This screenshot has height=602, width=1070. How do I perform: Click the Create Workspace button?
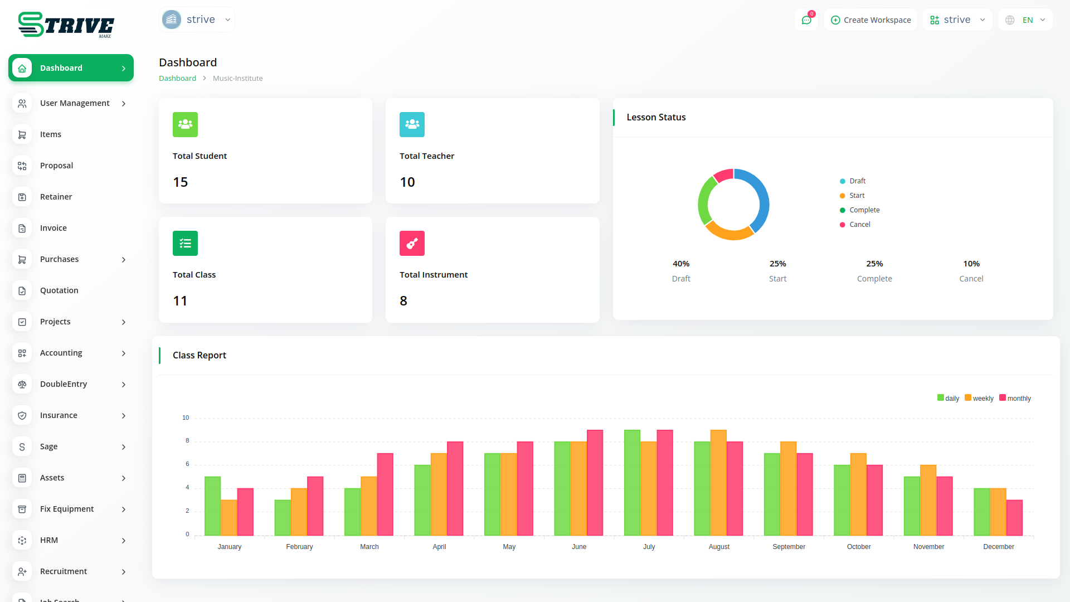[870, 20]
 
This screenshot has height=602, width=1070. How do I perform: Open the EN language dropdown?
[1026, 20]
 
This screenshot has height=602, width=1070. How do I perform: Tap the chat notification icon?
[806, 20]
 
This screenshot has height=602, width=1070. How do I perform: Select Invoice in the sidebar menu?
[53, 228]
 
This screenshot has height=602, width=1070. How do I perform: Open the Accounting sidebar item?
[61, 353]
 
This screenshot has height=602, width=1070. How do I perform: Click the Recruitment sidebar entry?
[64, 571]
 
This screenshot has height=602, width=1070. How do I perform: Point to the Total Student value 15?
[181, 182]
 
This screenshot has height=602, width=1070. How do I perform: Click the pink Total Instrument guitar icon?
[412, 244]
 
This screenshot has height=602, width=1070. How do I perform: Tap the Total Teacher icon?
[412, 125]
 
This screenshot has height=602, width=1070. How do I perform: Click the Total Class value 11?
[180, 301]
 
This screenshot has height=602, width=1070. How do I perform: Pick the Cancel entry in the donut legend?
[859, 225]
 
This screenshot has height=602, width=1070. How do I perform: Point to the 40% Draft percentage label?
[681, 264]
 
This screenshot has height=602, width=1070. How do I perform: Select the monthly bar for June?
[595, 483]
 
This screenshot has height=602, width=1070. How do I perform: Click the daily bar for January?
[212, 506]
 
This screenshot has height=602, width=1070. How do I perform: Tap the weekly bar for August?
[719, 483]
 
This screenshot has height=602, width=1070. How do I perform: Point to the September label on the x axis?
[789, 547]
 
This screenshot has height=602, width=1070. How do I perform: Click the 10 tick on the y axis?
[186, 417]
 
